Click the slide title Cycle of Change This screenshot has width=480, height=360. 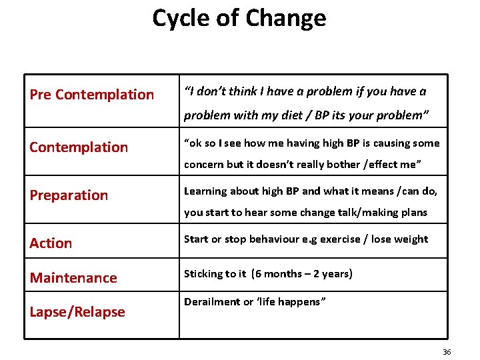pos(239,18)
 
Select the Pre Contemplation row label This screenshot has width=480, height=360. pos(91,95)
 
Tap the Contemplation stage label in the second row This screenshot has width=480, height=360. pos(79,147)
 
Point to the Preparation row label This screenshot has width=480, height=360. pos(69,195)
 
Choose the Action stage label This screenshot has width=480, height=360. pos(51,243)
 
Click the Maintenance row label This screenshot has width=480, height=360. pos(73,278)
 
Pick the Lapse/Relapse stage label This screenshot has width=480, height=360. pos(77,312)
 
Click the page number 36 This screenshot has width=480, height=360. pos(447,352)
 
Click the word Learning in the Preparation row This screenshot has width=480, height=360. pos(206,191)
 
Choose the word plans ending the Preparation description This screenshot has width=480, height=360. pos(413,213)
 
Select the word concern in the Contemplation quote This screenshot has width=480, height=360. pos(204,165)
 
